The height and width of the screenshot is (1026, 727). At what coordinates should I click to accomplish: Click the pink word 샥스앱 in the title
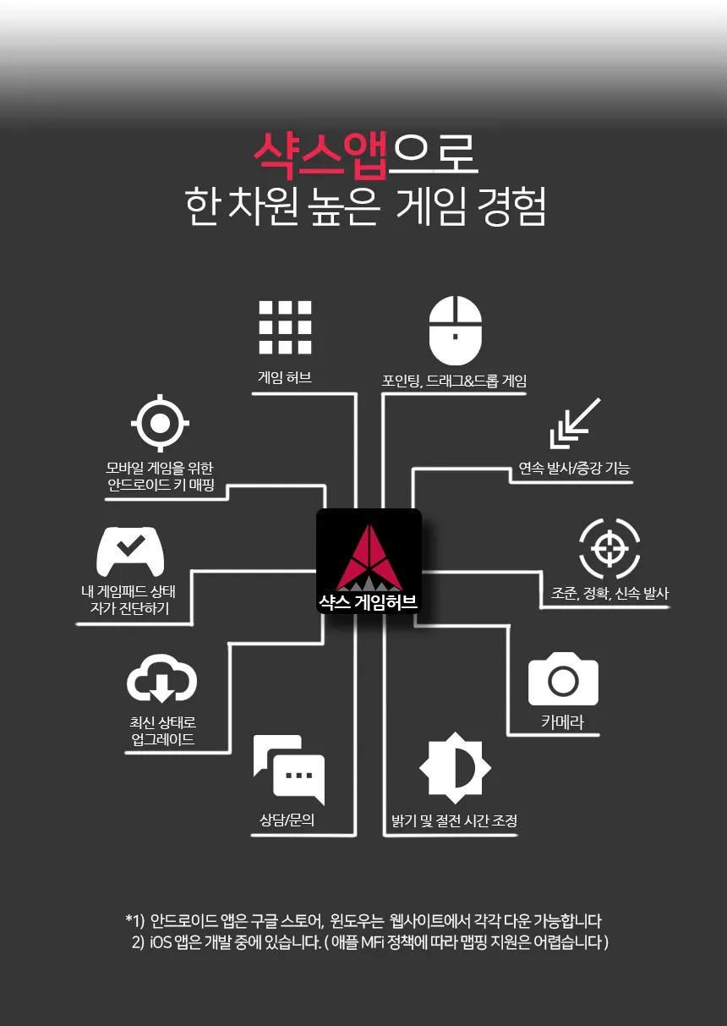point(320,154)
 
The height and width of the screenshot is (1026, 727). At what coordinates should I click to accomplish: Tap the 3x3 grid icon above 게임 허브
point(285,326)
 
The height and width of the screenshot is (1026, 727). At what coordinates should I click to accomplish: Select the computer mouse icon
point(455,331)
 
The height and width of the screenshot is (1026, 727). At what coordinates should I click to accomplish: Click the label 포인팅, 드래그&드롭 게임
point(455,381)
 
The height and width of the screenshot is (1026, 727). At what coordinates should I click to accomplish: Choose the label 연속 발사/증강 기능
point(574,469)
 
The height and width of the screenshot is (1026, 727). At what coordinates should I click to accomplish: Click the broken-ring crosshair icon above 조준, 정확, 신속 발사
point(609,546)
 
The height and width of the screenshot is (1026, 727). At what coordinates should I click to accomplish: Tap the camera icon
point(563,679)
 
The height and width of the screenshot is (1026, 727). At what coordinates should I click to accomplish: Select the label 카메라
point(562,722)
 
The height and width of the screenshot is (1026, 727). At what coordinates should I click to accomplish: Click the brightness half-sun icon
point(455,768)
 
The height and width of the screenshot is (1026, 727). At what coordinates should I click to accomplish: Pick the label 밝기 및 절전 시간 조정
point(454,820)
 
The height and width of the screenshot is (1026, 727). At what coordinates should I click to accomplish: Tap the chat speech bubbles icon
point(288,770)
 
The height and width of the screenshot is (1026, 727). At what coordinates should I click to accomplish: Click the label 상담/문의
point(287,820)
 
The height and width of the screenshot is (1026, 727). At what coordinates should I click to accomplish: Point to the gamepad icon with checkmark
point(129,550)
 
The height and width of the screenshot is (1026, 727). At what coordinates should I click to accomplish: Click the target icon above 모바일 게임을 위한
point(160,421)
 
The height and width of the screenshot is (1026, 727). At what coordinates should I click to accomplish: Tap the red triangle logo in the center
point(369,557)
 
